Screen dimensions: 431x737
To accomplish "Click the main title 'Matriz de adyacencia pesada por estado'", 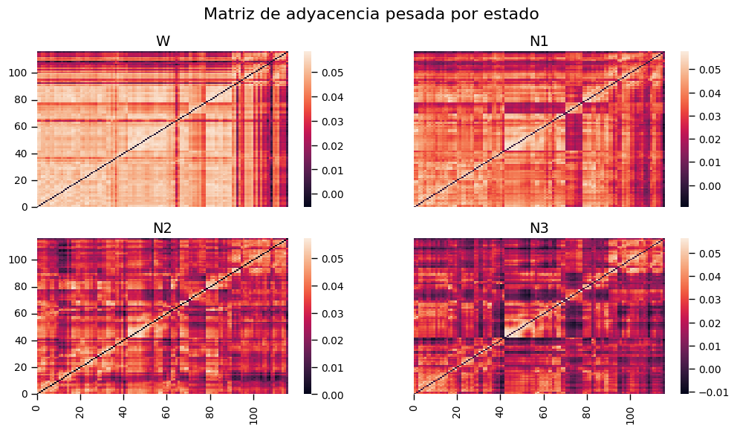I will pos(371,13).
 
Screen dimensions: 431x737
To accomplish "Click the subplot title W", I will pos(163,42).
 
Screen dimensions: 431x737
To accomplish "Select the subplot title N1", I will pos(539,42).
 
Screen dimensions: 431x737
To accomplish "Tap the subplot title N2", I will pos(163,228).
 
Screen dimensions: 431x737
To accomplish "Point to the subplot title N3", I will pos(539,228).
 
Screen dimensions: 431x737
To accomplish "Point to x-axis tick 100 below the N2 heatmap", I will pos(254,411).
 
